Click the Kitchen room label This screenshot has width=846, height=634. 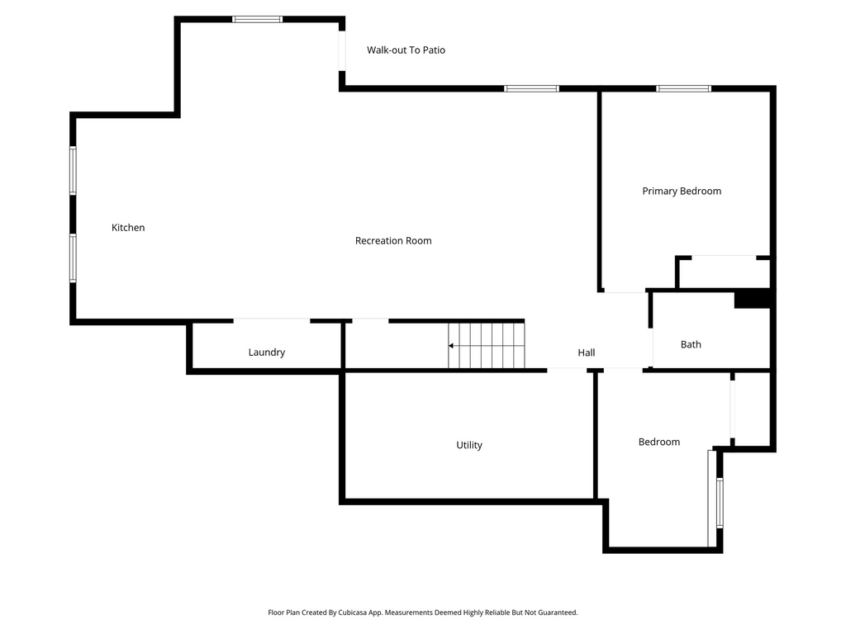pyautogui.click(x=128, y=228)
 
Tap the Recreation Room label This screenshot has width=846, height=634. pyautogui.click(x=393, y=241)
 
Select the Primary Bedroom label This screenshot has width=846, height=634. pyautogui.click(x=682, y=192)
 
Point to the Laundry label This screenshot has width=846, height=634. pyautogui.click(x=267, y=352)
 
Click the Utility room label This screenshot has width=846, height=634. pyautogui.click(x=469, y=446)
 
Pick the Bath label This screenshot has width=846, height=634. pyautogui.click(x=691, y=345)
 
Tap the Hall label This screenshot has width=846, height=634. pyautogui.click(x=587, y=353)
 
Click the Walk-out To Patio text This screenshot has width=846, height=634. pyautogui.click(x=406, y=50)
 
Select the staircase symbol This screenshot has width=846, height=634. pyautogui.click(x=487, y=345)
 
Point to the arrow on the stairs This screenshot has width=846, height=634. pyautogui.click(x=453, y=345)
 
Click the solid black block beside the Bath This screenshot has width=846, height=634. pyautogui.click(x=752, y=299)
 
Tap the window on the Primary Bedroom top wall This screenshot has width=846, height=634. pyautogui.click(x=683, y=88)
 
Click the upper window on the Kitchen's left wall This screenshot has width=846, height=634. pyautogui.click(x=73, y=170)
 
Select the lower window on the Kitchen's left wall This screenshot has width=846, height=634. pyautogui.click(x=73, y=258)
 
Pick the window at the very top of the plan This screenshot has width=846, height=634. pyautogui.click(x=258, y=19)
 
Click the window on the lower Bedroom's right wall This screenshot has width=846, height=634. pyautogui.click(x=720, y=503)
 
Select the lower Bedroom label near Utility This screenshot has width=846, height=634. pyautogui.click(x=659, y=442)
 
